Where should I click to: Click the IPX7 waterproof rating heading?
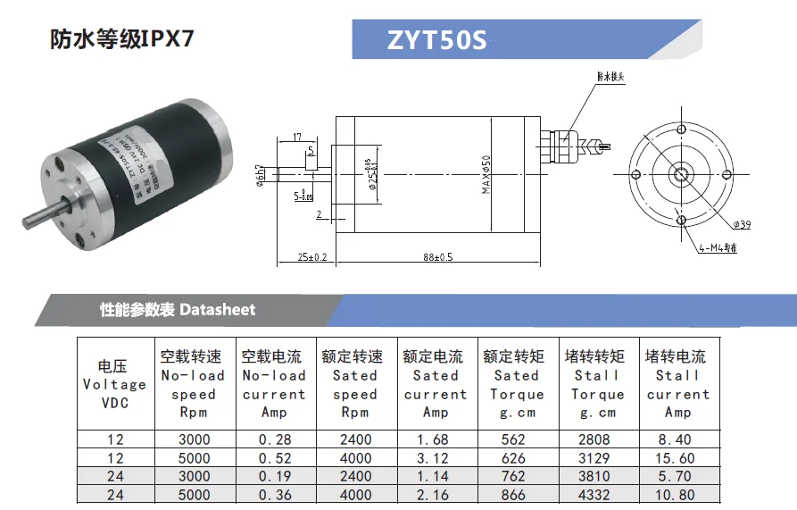[x=121, y=39]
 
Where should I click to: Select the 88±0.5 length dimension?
[x=437, y=257]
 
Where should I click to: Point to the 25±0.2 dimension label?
[x=312, y=257]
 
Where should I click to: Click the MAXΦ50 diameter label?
[x=486, y=173]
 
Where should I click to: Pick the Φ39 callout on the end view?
[x=742, y=224]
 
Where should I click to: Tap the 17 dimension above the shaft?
[x=296, y=138]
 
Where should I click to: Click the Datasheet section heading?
[x=178, y=310]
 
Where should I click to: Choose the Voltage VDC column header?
[x=115, y=384]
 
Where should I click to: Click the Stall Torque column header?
[x=597, y=384]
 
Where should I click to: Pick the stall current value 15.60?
[x=677, y=457]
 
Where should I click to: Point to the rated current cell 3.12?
[x=435, y=457]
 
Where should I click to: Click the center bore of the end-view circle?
[x=680, y=173]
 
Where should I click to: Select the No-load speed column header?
[x=194, y=384]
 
